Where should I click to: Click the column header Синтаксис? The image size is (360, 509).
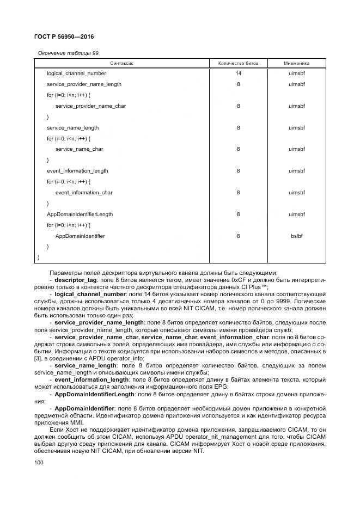coord(122,64)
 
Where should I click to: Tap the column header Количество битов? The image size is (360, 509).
coord(238,64)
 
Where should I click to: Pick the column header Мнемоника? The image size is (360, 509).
coord(297,64)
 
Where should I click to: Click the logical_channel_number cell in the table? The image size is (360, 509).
coord(76,73)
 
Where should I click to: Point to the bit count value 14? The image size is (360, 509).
coord(238,73)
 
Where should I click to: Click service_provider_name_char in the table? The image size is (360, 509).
coord(90,106)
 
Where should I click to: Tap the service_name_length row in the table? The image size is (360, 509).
coord(72,127)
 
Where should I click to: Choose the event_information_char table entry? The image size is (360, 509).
coord(84,193)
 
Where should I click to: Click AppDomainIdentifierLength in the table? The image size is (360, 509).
coord(80,214)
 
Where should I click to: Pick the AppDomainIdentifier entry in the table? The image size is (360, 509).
coord(80,236)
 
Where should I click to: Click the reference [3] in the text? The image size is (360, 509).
coord(37,358)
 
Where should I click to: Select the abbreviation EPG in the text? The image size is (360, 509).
coord(221,387)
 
